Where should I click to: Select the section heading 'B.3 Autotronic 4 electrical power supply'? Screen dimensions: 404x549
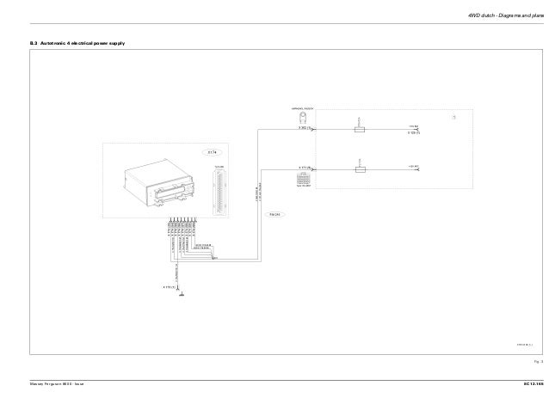[77, 42]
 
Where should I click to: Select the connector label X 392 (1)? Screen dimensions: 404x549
[305, 127]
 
